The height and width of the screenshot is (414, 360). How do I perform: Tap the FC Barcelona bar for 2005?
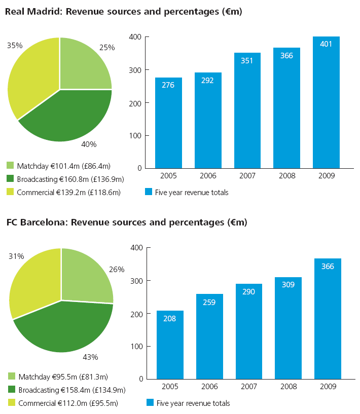(170, 345)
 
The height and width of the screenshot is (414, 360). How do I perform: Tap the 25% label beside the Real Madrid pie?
(107, 47)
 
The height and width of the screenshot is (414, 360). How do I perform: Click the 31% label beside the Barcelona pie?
(16, 256)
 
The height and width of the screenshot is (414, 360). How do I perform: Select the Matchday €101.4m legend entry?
(63, 166)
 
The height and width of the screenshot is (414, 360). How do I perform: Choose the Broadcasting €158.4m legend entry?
(71, 390)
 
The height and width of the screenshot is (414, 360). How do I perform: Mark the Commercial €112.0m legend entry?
(68, 403)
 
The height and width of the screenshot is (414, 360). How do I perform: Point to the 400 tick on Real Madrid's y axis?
(135, 37)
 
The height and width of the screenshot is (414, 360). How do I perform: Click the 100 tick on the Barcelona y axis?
(136, 347)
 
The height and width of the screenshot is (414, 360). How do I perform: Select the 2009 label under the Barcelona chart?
(328, 387)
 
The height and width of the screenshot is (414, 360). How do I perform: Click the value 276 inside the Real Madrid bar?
(168, 85)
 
